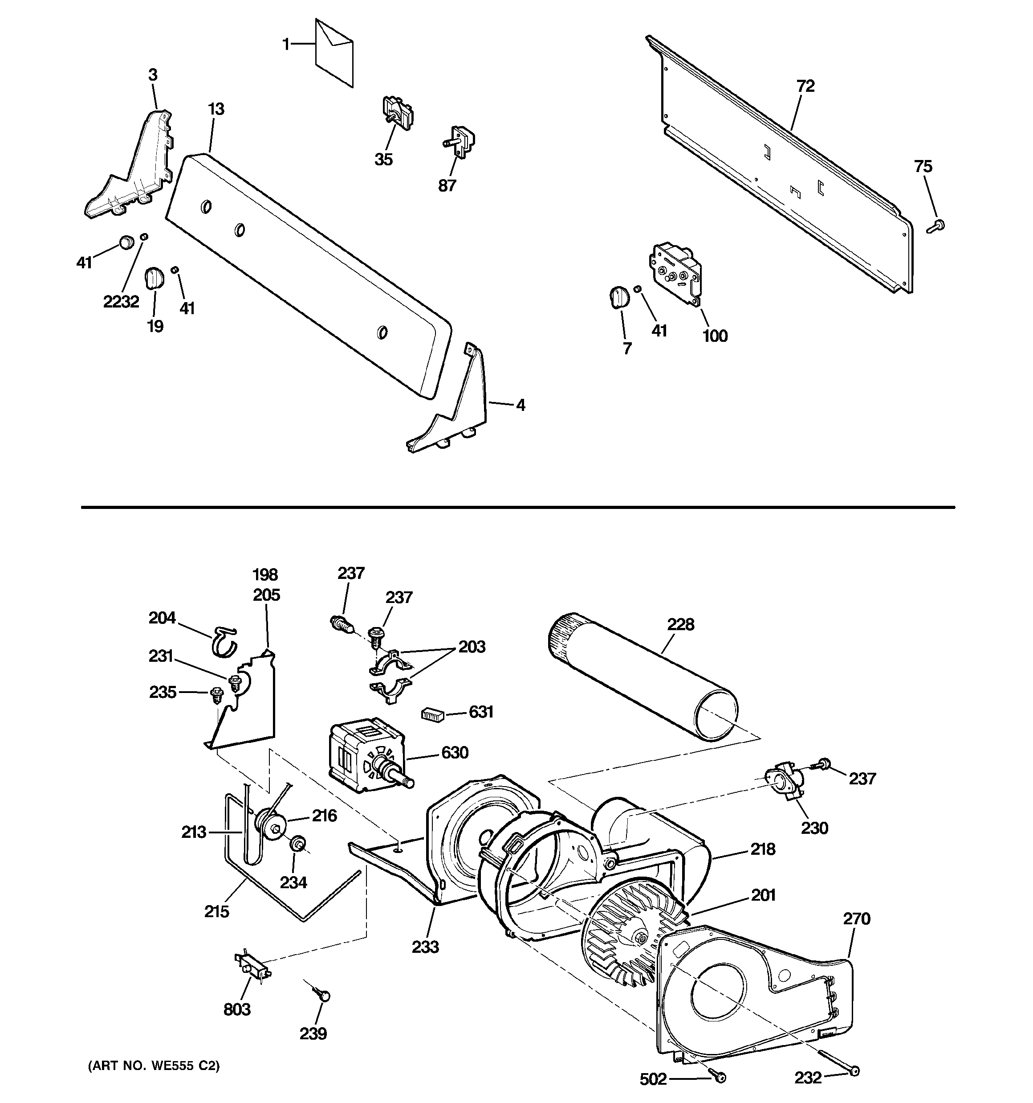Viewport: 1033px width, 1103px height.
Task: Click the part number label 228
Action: click(x=680, y=625)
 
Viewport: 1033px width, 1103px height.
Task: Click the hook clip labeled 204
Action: click(x=223, y=640)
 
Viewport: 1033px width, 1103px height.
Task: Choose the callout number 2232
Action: click(x=121, y=302)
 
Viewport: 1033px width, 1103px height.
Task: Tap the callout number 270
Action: click(x=857, y=919)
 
